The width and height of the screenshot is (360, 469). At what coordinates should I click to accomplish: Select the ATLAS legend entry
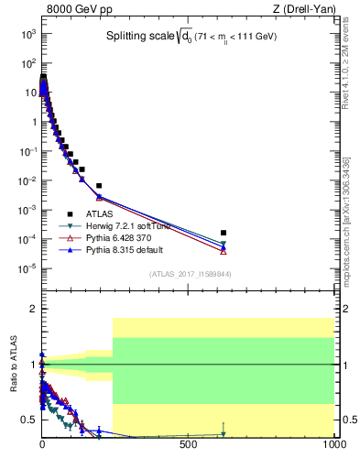100,213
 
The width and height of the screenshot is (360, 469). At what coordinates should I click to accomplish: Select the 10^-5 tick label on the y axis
27,268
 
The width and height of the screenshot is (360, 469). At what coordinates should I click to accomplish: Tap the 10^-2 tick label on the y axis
27,180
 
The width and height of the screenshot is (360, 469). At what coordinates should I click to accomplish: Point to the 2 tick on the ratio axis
31,310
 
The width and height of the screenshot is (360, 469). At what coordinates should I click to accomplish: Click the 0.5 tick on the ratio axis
27,420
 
